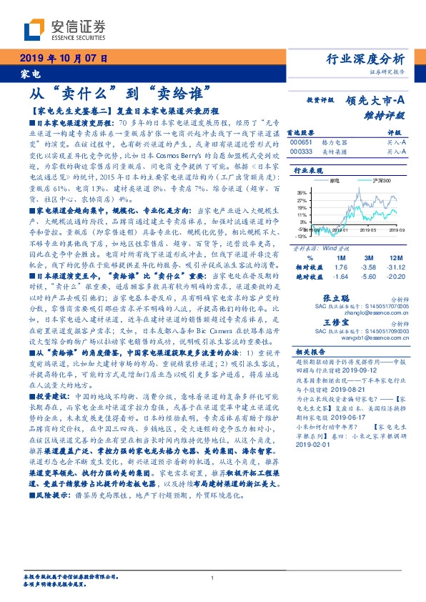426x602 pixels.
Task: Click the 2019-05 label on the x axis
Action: tap(368, 230)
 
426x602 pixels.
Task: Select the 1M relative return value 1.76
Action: tap(340, 267)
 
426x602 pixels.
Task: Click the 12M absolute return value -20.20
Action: tap(397, 276)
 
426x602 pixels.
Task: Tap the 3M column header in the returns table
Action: tap(370, 257)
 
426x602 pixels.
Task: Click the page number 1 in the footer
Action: tap(212, 578)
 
